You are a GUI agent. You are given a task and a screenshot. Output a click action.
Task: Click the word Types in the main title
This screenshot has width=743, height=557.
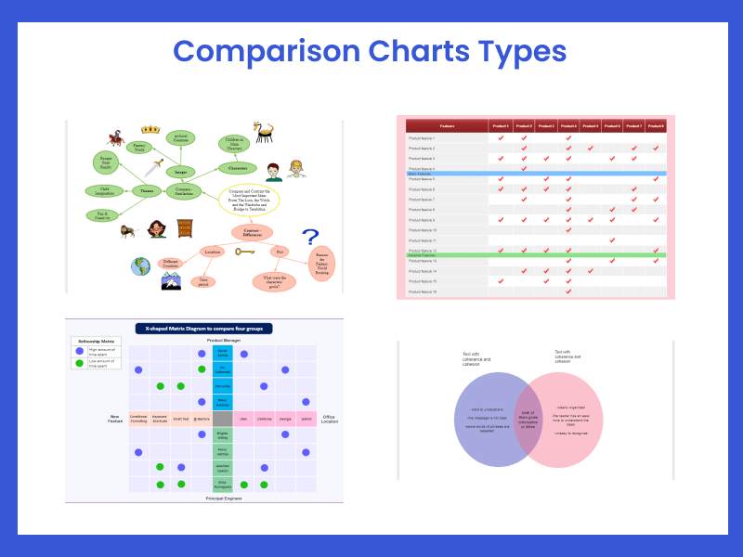click(x=514, y=50)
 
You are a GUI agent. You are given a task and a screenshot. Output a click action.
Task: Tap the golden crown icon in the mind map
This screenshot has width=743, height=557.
click(x=150, y=130)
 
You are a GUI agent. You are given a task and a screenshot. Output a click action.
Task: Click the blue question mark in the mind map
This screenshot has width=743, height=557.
click(x=310, y=239)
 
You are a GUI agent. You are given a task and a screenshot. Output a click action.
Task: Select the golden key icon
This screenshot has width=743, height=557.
click(x=245, y=252)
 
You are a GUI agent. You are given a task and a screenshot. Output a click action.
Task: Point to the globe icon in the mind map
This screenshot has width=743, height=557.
click(x=141, y=266)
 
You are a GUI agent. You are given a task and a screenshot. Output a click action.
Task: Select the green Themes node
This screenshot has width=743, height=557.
click(x=147, y=191)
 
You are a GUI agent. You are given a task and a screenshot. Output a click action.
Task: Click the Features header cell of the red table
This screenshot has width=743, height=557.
click(x=448, y=125)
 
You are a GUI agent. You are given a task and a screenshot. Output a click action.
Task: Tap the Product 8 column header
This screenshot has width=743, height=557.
click(x=656, y=125)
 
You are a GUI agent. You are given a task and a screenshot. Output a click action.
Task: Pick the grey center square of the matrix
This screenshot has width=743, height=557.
click(x=223, y=419)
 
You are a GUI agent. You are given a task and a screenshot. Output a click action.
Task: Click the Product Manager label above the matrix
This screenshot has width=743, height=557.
click(x=222, y=342)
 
